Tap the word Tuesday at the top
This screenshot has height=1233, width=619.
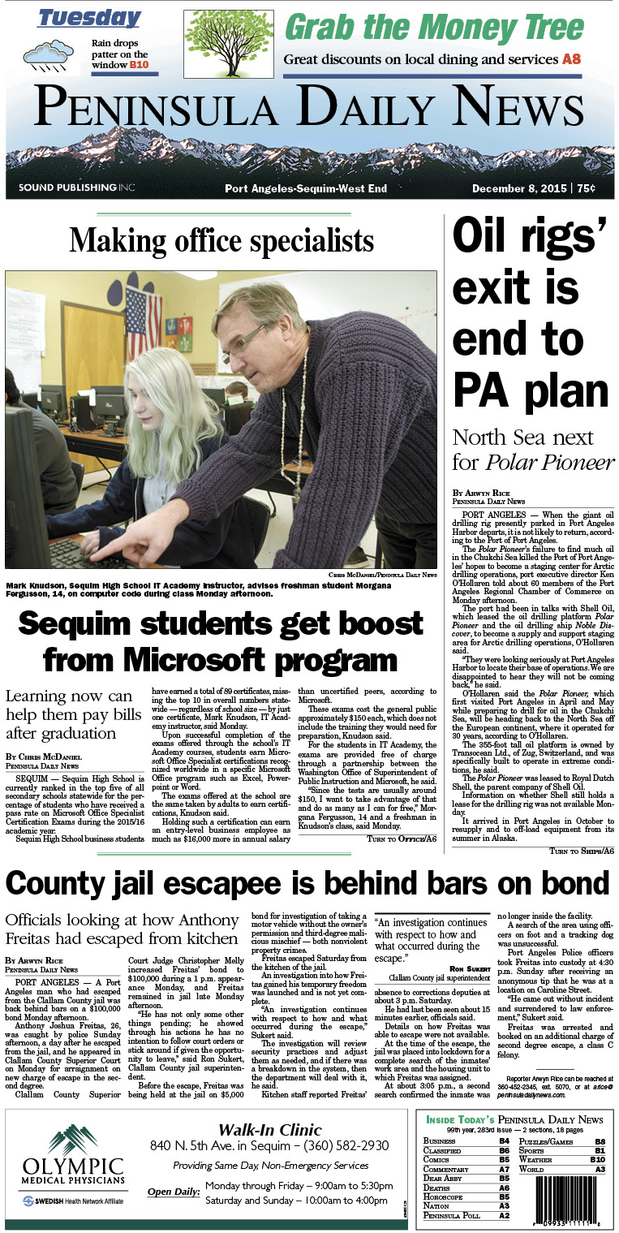(x=88, y=18)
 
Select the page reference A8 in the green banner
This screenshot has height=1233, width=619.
(x=571, y=59)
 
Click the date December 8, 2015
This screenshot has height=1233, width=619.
(x=519, y=188)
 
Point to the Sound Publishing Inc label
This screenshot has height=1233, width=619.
(x=76, y=188)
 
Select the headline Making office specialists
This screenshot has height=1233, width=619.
(x=221, y=241)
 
